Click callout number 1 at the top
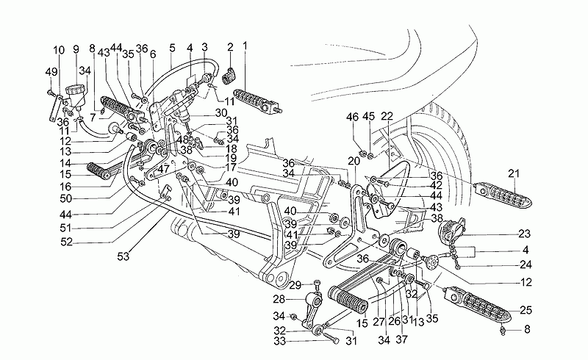[x=245, y=46]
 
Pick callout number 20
[x=354, y=161]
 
